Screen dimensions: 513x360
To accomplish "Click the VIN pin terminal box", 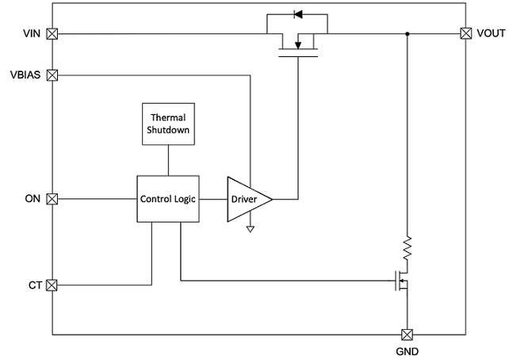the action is pyautogui.click(x=52, y=34).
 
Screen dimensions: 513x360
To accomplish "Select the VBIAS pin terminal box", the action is pyautogui.click(x=52, y=75).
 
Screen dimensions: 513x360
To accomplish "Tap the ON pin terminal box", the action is pyautogui.click(x=52, y=199).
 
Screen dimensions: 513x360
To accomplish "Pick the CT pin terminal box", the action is pyautogui.click(x=52, y=285).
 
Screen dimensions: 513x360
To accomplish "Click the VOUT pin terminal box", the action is pyautogui.click(x=466, y=33).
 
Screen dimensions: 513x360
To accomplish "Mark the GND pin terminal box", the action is pyautogui.click(x=407, y=335).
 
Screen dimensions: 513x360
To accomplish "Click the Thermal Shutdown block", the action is pyautogui.click(x=169, y=124).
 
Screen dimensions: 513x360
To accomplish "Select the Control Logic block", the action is pyautogui.click(x=168, y=199).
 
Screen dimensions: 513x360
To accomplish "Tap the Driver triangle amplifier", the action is pyautogui.click(x=250, y=199).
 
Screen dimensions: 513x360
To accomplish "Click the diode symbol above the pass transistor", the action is pyautogui.click(x=297, y=14).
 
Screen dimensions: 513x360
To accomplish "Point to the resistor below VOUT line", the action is pyautogui.click(x=407, y=248).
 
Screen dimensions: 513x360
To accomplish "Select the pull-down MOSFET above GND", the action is pyautogui.click(x=402, y=281).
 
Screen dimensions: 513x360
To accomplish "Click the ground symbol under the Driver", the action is pyautogui.click(x=251, y=229).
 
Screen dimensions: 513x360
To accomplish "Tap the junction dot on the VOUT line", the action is pyautogui.click(x=407, y=34).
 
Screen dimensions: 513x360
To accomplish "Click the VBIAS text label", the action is pyautogui.click(x=25, y=75).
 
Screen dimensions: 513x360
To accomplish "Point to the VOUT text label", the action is pyautogui.click(x=491, y=33).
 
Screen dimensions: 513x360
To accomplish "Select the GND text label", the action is pyautogui.click(x=407, y=351).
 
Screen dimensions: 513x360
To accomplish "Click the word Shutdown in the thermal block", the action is pyautogui.click(x=168, y=130).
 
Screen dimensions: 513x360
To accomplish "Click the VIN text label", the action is pyautogui.click(x=32, y=33).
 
